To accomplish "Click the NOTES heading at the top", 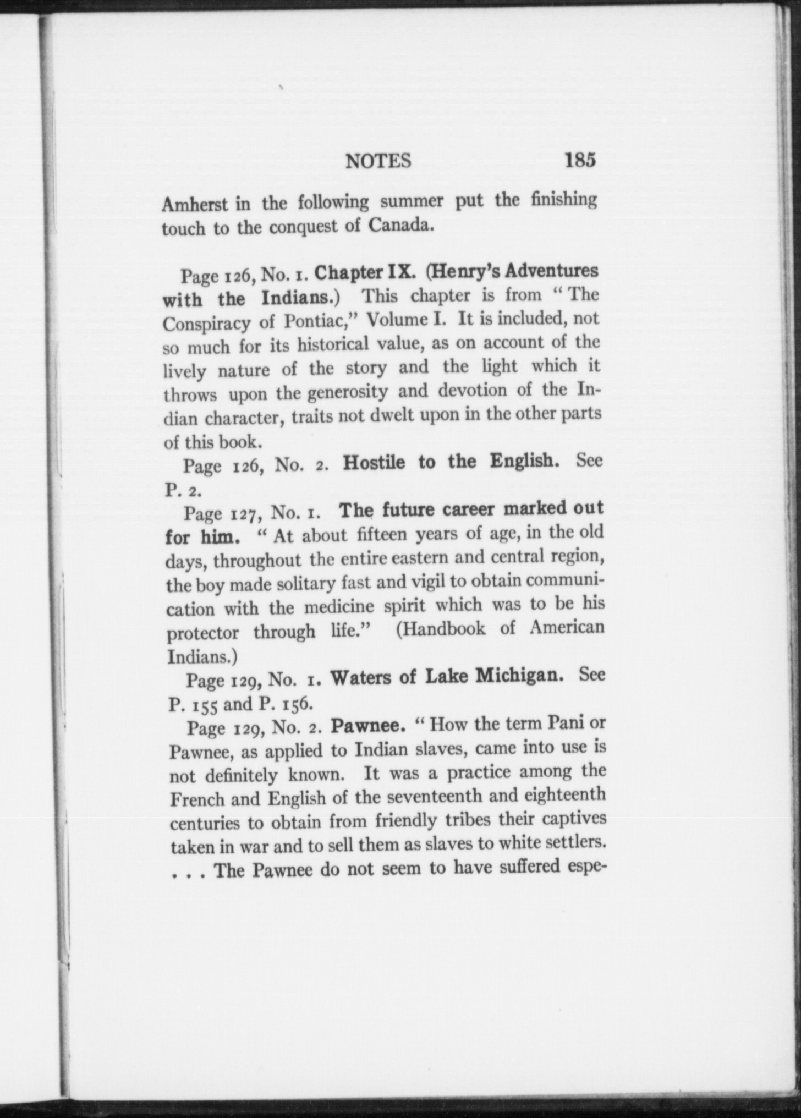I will coord(378,161).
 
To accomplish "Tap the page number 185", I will coord(579,160).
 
